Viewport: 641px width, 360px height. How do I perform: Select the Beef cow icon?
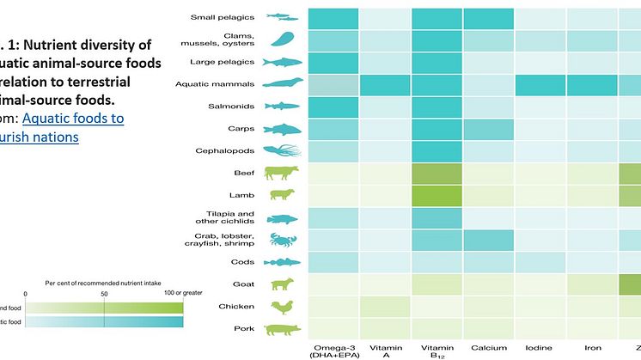pos(281,172)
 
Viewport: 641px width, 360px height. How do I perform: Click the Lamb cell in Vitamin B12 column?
pos(436,195)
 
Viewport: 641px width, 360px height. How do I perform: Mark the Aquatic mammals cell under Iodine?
pos(540,84)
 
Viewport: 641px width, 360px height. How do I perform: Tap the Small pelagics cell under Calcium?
pos(488,17)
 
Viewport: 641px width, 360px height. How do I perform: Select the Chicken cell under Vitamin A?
pos(384,306)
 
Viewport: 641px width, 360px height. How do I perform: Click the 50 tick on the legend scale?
pos(104,293)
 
